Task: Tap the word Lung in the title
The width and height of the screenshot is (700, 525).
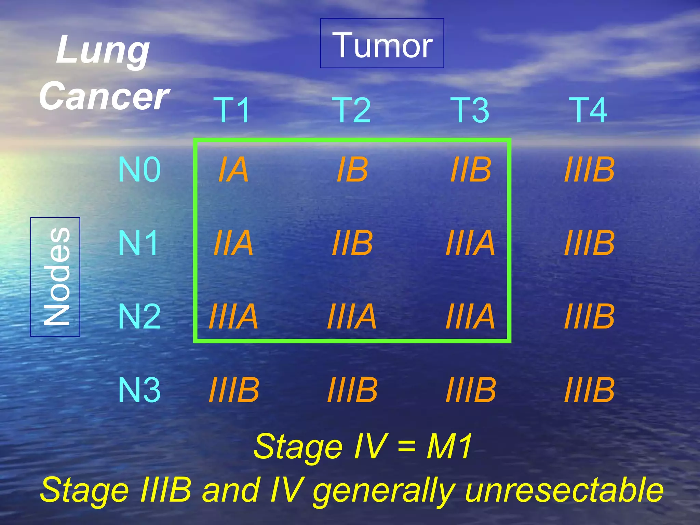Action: tap(103, 51)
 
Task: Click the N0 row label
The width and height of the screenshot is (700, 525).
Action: tap(139, 170)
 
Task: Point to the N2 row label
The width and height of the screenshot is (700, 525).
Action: tap(139, 317)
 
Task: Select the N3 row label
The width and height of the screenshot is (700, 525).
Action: tap(139, 390)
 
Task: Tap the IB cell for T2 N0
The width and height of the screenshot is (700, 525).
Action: tap(352, 170)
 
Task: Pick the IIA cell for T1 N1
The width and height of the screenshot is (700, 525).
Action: tap(233, 243)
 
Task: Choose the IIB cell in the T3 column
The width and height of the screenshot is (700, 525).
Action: tap(471, 170)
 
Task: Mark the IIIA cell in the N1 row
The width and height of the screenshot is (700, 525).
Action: tap(471, 243)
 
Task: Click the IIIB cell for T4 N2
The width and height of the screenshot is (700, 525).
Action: tap(589, 317)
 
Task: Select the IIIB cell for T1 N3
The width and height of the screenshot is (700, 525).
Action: tap(234, 390)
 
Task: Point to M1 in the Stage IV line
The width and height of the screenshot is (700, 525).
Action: tap(449, 446)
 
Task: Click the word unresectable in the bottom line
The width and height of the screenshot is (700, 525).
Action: tap(564, 490)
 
